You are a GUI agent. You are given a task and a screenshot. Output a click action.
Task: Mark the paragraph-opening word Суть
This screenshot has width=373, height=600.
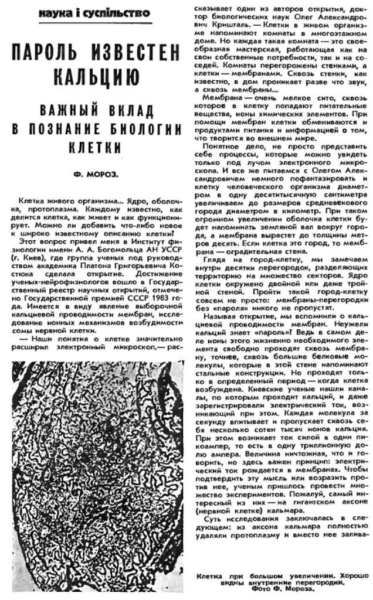coord(213,522)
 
